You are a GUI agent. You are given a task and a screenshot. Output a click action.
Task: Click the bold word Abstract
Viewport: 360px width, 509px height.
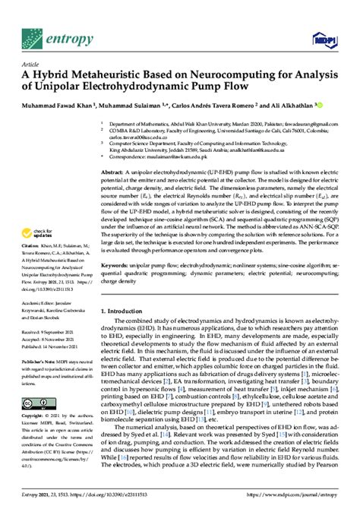point(114,173)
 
